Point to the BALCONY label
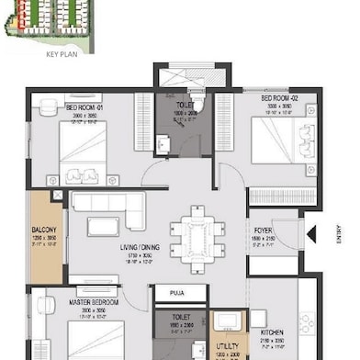pos(44,230)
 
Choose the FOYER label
pos(264,230)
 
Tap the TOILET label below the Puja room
pos(174,317)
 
